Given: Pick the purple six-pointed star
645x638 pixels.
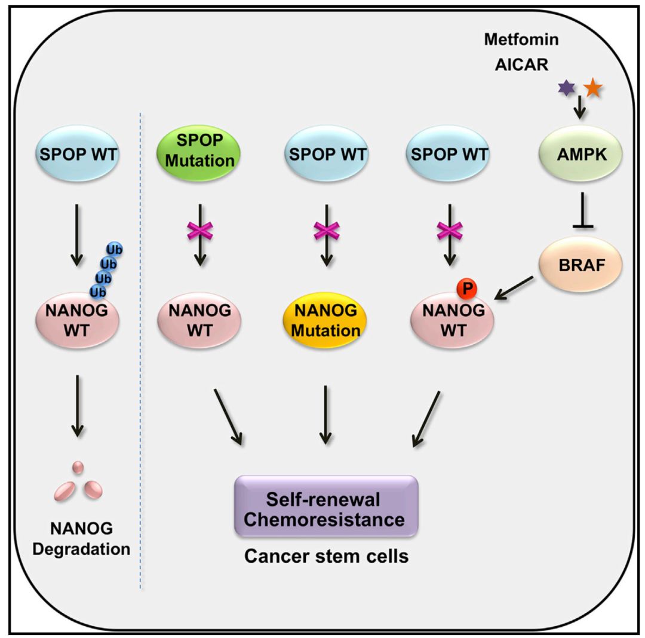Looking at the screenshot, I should pyautogui.click(x=566, y=88).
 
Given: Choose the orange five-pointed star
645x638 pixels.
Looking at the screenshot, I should pyautogui.click(x=593, y=88).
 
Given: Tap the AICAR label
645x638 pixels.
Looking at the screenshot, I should pyautogui.click(x=521, y=64).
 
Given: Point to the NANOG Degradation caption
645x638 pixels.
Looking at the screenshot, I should pyautogui.click(x=82, y=538).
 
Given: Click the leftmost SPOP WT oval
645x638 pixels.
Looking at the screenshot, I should pyautogui.click(x=79, y=156).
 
